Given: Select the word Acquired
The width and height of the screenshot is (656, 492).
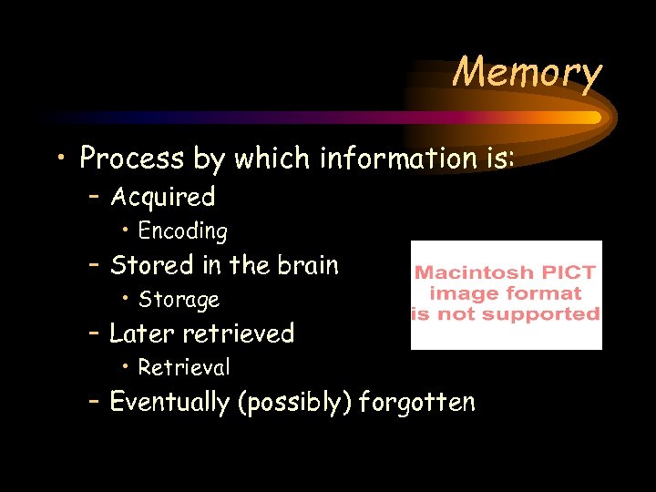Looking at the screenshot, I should click(162, 197).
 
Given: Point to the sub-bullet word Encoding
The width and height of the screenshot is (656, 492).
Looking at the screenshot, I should click(182, 231).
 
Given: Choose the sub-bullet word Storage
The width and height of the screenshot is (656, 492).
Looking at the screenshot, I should click(179, 300).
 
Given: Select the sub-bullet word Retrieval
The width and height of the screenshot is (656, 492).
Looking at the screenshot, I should click(184, 368).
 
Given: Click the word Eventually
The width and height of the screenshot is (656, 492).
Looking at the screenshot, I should click(169, 402).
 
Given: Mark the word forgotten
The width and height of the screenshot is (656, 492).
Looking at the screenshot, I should click(417, 402).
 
